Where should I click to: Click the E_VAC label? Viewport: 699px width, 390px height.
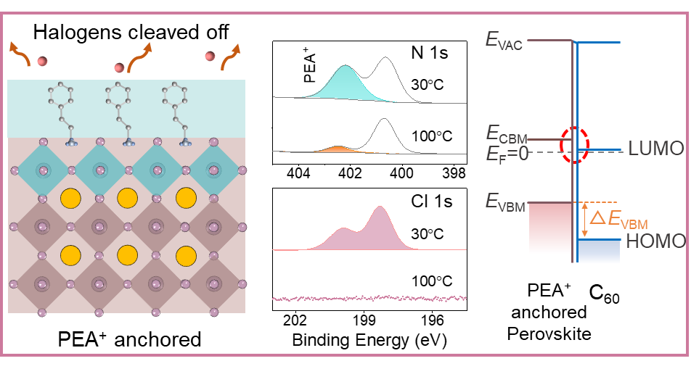(x=504, y=40)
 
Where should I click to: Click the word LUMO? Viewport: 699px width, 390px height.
(x=656, y=149)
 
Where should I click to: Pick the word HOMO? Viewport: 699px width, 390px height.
(x=655, y=241)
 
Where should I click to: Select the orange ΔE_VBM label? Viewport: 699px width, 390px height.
(x=618, y=219)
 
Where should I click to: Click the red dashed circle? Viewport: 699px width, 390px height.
(x=575, y=145)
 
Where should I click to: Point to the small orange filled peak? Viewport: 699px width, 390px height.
(x=336, y=149)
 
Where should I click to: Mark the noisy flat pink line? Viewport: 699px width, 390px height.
(x=369, y=298)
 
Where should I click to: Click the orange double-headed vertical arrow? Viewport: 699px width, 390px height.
(x=584, y=220)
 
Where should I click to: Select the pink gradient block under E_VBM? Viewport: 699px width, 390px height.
(x=550, y=228)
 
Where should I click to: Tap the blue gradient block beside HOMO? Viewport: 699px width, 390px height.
(x=599, y=252)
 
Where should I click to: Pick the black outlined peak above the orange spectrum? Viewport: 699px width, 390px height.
(x=383, y=133)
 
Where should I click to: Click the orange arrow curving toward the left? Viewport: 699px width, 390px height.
(x=20, y=54)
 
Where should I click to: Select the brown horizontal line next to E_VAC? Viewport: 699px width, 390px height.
(x=549, y=40)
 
